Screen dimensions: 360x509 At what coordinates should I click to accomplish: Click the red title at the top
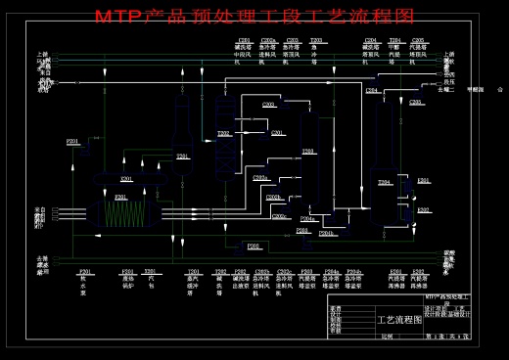click(254, 17)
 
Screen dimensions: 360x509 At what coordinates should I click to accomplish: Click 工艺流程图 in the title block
click(400, 319)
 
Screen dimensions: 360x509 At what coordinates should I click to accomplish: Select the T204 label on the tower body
click(385, 182)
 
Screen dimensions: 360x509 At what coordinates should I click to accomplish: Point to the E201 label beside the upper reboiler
click(423, 181)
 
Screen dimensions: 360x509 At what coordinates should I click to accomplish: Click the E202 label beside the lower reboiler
click(423, 210)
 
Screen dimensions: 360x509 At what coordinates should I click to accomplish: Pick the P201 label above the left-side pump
click(72, 142)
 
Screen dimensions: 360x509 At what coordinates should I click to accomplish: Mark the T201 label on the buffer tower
click(182, 157)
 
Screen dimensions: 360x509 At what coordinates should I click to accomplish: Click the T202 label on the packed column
click(223, 134)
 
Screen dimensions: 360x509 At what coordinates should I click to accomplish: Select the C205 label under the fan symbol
click(416, 102)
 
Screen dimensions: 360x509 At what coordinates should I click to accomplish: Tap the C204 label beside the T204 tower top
click(372, 90)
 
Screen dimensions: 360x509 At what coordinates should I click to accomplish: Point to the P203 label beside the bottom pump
click(253, 247)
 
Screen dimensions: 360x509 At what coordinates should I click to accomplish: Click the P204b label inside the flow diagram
click(327, 233)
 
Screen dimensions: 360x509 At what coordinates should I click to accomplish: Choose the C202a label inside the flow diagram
click(260, 178)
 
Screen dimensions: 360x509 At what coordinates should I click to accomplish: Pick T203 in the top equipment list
click(315, 41)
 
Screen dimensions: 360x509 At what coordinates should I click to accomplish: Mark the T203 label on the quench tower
click(307, 152)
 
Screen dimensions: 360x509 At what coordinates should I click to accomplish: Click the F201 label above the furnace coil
click(120, 198)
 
